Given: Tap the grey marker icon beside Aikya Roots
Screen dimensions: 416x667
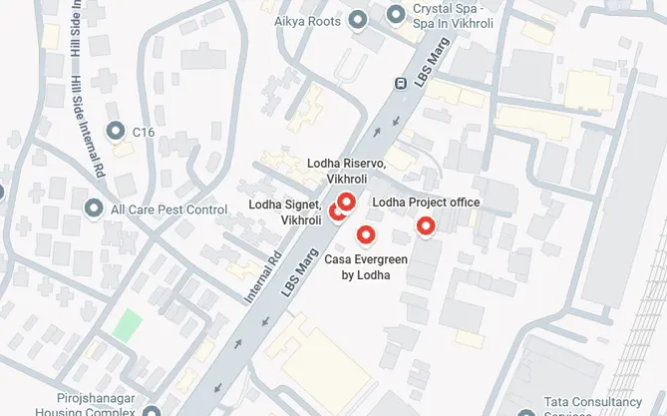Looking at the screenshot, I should pos(358,21).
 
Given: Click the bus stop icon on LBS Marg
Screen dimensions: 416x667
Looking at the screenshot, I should pos(401,84).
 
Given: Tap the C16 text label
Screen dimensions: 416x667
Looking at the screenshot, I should pos(145,130).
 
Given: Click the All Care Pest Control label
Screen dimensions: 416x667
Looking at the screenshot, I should pos(169,209).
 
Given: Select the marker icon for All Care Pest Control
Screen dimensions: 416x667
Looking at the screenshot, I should pos(95,208).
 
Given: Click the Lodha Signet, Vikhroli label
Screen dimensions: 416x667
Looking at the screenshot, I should pos(284,212).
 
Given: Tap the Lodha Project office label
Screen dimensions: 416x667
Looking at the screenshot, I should pos(426,203).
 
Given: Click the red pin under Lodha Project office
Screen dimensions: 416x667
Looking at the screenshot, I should pos(426,226).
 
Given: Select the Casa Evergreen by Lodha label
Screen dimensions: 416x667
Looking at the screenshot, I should pos(366,267).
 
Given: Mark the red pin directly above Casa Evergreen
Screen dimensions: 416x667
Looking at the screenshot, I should pos(366,235).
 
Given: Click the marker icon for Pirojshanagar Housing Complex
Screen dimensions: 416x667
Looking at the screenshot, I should pos(152,409).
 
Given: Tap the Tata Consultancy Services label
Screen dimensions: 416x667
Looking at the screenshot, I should pos(598,403).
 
